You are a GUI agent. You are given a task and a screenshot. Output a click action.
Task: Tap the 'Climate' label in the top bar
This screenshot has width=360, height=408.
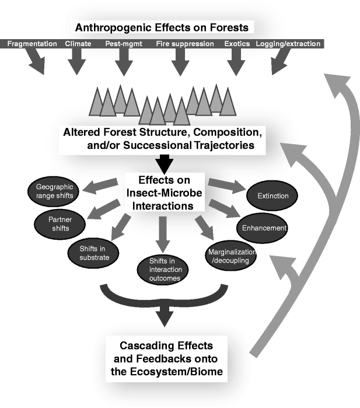point(78,44)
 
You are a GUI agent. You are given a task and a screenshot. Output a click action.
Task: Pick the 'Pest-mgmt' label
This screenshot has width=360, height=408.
point(121,44)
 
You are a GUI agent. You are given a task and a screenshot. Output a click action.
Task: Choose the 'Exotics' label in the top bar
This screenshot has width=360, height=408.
point(236,44)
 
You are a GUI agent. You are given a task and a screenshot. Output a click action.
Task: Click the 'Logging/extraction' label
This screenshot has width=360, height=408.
point(288,44)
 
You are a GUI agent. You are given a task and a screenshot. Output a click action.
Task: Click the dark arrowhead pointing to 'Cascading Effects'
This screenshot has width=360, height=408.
point(163,319)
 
